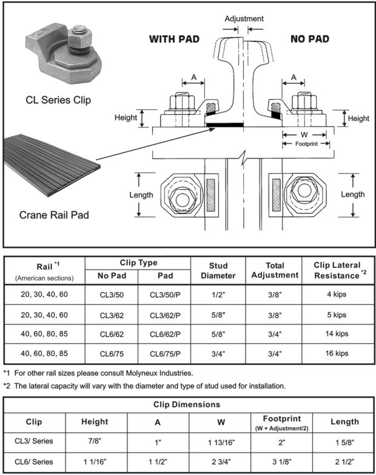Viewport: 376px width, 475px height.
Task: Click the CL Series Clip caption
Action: click(x=58, y=100)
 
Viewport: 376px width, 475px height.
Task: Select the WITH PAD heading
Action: click(x=175, y=39)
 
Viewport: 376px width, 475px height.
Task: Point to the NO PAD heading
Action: click(x=310, y=39)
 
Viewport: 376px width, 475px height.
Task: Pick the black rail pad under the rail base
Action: click(x=224, y=125)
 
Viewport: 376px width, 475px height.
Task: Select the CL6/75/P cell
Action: click(x=164, y=353)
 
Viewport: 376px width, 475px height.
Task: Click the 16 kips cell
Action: click(x=338, y=353)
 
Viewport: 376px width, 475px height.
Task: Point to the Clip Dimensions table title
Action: click(x=187, y=404)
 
